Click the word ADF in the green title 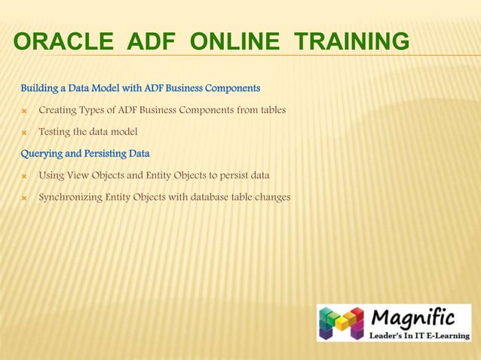(x=149, y=44)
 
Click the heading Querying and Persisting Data (x=84, y=154)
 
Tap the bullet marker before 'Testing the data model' (x=24, y=133)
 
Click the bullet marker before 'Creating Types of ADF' (x=24, y=111)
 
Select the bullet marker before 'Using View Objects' (x=24, y=176)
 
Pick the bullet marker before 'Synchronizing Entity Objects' (x=24, y=198)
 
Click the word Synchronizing (x=70, y=198)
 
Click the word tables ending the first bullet (x=271, y=111)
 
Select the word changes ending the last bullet (x=270, y=198)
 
